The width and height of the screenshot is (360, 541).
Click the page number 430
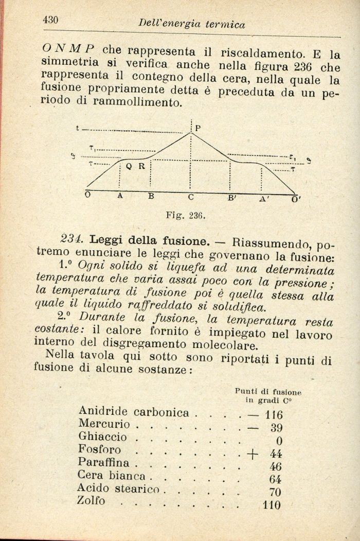tap(52, 20)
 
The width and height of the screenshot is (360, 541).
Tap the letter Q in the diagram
tap(129, 166)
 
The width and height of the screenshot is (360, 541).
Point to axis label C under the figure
tap(190, 197)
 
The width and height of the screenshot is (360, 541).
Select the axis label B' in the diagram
tap(232, 197)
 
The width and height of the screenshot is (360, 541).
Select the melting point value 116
tap(272, 414)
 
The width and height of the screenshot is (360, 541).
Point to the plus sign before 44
tap(252, 453)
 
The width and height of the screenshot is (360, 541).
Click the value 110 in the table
tap(272, 505)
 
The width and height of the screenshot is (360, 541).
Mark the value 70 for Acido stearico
tap(275, 492)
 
